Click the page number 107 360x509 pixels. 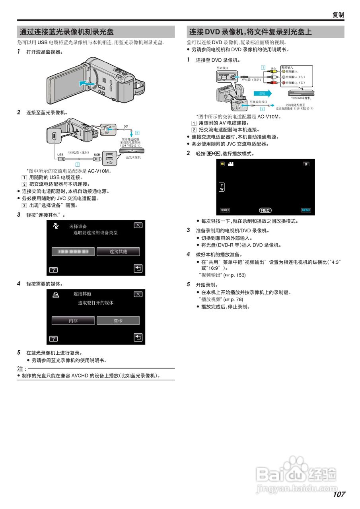tap(339, 494)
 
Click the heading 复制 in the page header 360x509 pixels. tap(338, 15)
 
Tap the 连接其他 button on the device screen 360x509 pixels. tap(118, 252)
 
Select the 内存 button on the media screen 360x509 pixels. tap(73, 321)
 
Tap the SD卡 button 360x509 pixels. tap(118, 321)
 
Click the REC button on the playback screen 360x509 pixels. tap(265, 210)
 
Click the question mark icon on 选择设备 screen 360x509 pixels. tap(53, 270)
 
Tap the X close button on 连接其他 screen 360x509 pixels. tap(138, 294)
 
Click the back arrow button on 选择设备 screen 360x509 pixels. tap(138, 269)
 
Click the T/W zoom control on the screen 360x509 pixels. tap(222, 187)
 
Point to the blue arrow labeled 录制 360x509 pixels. tap(263, 93)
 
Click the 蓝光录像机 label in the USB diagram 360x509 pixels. tap(133, 157)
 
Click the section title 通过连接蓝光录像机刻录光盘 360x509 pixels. tap(67, 32)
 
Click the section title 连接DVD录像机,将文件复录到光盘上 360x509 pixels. tap(251, 32)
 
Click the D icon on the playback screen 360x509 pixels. tap(306, 164)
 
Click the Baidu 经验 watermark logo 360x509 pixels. tap(296, 475)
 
